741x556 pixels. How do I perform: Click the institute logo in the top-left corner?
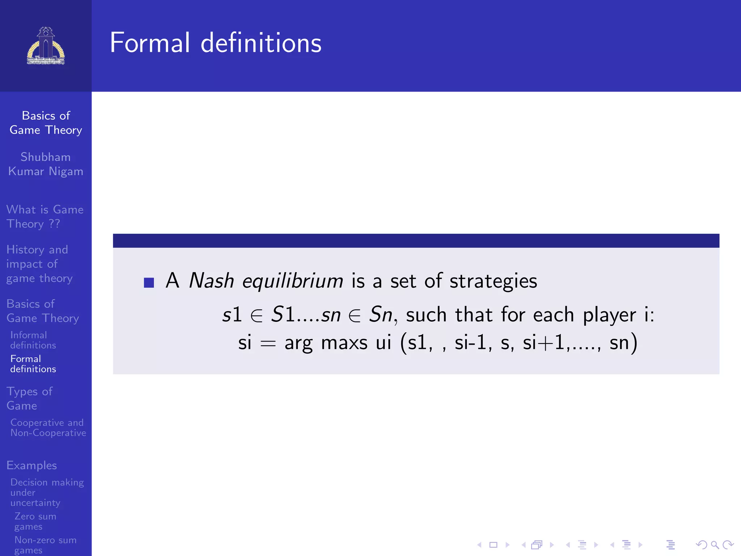(46, 46)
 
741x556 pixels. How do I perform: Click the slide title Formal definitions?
(216, 43)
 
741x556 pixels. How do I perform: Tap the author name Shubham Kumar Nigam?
(46, 164)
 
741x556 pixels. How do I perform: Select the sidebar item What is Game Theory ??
(45, 216)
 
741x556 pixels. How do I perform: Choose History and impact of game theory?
(39, 264)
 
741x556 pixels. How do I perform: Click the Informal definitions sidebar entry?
(33, 340)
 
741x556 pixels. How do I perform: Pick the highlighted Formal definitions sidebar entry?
(33, 364)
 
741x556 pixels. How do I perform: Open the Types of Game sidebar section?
(29, 398)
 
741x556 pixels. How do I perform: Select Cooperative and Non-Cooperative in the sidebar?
(48, 427)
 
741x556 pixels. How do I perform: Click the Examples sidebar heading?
(32, 465)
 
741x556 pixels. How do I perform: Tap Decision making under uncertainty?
(47, 492)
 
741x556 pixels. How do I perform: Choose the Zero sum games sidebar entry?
(35, 521)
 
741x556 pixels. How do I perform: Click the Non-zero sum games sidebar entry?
(45, 545)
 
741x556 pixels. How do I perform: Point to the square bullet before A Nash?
(149, 282)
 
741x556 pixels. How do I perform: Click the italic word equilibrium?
(292, 281)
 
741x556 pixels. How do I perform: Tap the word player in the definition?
(609, 315)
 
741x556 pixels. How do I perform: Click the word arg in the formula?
(298, 343)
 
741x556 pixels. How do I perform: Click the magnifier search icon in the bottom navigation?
(715, 544)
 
